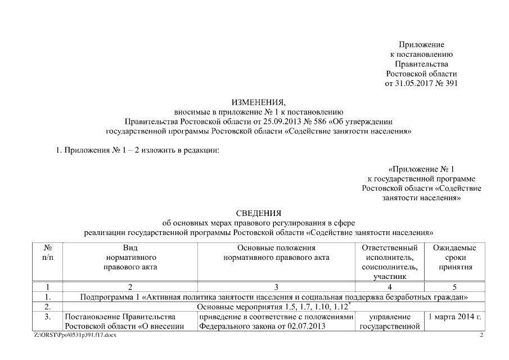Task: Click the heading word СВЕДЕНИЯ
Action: coord(259,213)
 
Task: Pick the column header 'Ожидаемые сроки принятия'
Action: coord(454,257)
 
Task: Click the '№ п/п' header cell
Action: coord(47,252)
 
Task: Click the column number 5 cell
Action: coord(454,286)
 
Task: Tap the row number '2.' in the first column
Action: coord(47,307)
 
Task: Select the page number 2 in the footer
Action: coord(481,335)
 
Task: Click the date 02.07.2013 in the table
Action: coord(310,326)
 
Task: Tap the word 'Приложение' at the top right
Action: coord(421,44)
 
